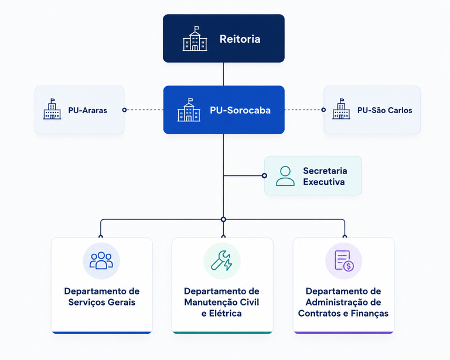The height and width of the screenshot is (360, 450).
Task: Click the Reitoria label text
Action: click(240, 39)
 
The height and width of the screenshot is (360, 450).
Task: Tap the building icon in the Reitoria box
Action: click(195, 39)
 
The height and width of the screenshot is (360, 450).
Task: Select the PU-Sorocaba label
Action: click(240, 110)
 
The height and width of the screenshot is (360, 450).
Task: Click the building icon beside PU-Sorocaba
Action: click(189, 110)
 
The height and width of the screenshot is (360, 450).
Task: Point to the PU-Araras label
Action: click(87, 111)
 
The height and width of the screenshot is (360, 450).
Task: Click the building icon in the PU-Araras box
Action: click(52, 109)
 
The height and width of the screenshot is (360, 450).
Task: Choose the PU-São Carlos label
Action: click(384, 110)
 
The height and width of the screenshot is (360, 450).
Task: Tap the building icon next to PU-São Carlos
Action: click(341, 109)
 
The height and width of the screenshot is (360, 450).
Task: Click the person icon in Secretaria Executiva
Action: click(285, 176)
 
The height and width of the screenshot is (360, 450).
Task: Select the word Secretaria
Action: click(325, 171)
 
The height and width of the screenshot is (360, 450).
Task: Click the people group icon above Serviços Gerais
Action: click(101, 260)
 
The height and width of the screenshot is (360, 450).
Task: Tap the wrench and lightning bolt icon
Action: click(222, 260)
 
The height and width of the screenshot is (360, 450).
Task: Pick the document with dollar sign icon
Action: click(344, 260)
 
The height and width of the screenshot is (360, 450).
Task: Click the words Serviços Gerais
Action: click(101, 303)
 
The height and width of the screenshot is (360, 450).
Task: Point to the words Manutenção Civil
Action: click(221, 303)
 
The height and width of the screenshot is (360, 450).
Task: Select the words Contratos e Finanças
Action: click(343, 313)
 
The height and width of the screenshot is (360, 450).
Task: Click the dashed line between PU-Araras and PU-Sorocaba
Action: click(144, 110)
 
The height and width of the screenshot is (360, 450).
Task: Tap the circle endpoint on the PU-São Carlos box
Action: click(323, 110)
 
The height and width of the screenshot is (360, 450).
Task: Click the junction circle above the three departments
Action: click(224, 220)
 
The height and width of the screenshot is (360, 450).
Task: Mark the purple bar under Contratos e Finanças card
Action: click(344, 332)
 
